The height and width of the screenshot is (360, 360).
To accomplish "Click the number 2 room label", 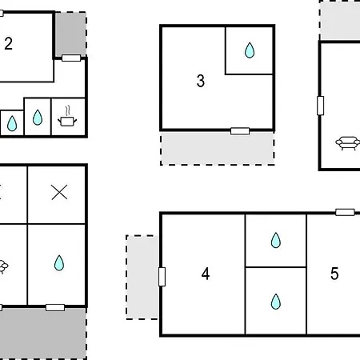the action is tap(8, 43).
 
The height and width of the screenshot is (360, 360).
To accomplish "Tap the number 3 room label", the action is tap(201, 81).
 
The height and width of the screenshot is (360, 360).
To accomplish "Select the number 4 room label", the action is tap(206, 274).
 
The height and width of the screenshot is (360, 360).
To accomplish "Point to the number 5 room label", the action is tap(334, 274).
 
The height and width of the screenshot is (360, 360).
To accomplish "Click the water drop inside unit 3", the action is tap(250, 50).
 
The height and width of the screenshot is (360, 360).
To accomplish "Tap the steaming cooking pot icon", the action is tap(67, 117).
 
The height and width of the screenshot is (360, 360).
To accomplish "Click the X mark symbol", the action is tap(59, 192).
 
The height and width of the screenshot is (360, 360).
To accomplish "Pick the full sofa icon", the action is tap(347, 143).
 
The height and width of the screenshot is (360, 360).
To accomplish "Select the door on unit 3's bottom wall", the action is tap(240, 131).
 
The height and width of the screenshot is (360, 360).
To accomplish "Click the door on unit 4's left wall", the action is tap(162, 277).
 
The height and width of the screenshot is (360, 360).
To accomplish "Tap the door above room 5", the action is tap(345, 212).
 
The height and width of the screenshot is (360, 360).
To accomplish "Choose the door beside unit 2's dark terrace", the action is tap(71, 58).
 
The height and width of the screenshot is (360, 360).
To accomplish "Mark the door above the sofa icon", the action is tap(321, 106).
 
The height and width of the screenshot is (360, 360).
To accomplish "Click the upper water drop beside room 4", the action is tap(276, 240).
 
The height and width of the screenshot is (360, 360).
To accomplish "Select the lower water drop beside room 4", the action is tap(276, 302).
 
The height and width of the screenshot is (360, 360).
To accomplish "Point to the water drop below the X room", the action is tap(59, 263).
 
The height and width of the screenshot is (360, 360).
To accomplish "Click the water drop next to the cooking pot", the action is tap(38, 118).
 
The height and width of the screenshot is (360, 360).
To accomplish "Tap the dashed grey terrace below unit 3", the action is tap(218, 149).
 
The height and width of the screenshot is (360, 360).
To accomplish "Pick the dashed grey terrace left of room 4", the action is tap(142, 277).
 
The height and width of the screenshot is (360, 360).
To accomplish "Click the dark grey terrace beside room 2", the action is tap(71, 34).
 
